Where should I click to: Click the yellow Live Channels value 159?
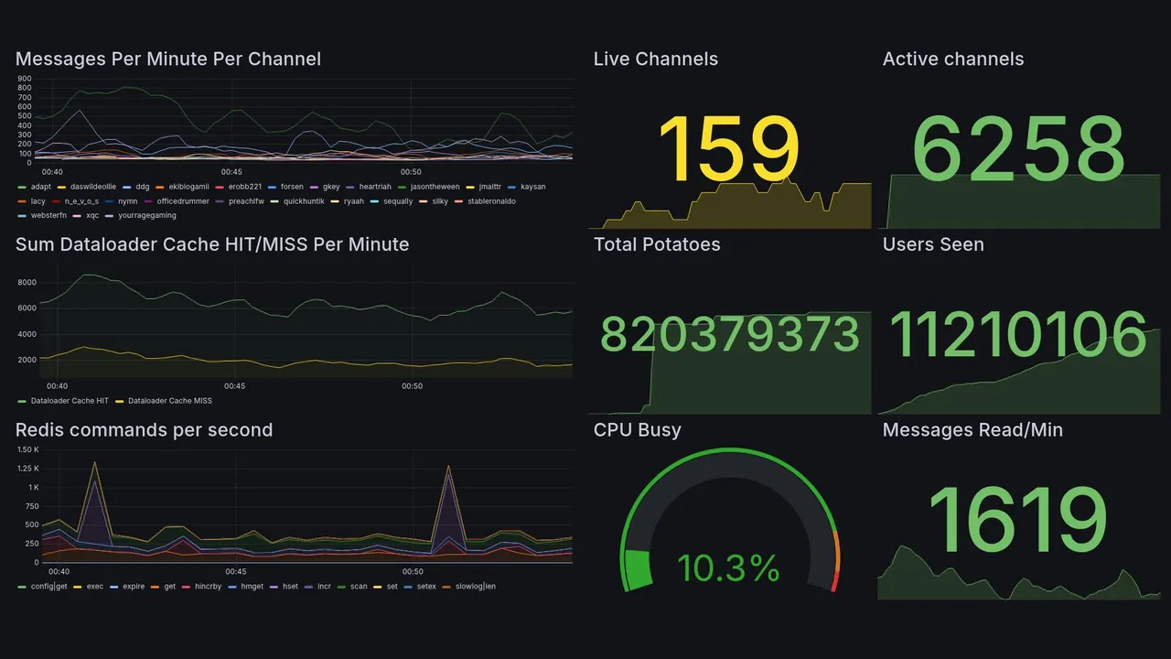(728, 150)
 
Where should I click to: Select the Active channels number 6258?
(1018, 150)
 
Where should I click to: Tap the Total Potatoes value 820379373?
(729, 336)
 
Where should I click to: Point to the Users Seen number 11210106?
(1018, 334)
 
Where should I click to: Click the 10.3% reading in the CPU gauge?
(728, 568)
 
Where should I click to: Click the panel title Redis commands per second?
(144, 430)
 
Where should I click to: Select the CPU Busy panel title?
(637, 430)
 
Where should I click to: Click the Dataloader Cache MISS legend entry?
(169, 401)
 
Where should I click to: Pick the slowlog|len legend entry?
(475, 586)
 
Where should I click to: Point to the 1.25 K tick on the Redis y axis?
(28, 469)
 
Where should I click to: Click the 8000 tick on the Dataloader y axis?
(27, 283)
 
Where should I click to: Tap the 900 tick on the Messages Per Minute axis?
(25, 79)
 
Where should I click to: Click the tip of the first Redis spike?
(94, 462)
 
